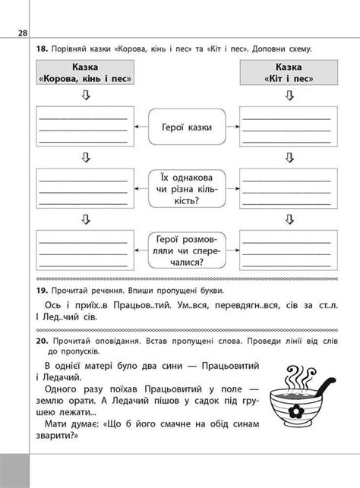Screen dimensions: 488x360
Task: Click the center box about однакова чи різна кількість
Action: (186, 187)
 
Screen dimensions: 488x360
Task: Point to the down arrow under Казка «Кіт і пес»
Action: (288, 95)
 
